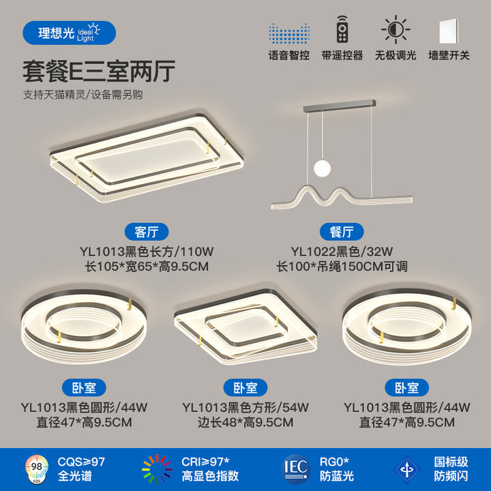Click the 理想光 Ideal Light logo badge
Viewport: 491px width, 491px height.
pos(69,33)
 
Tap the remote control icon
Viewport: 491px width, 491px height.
pos(342,29)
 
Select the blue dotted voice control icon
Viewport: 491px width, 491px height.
pos(289,33)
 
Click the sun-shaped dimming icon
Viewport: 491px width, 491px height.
pos(396,29)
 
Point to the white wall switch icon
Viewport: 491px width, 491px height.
pos(449,31)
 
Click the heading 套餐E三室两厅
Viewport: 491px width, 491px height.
pos(99,72)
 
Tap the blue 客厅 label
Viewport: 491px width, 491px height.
pos(147,232)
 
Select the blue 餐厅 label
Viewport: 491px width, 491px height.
pos(342,232)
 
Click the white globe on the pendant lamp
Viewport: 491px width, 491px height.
pos(322,168)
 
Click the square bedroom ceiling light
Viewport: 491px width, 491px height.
pos(245,326)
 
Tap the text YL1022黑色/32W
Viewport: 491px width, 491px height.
pos(342,252)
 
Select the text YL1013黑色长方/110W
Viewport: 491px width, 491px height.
pos(147,252)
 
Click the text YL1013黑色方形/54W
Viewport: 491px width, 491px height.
pos(245,407)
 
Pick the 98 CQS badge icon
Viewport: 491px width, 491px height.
pos(37,468)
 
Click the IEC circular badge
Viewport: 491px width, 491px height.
pos(295,469)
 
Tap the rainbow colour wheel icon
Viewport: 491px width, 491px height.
pos(157,469)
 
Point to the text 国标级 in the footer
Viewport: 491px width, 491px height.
pos(451,462)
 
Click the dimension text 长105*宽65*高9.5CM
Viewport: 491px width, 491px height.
pos(147,267)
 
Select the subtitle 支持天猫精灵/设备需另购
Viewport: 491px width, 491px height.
pos(83,95)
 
